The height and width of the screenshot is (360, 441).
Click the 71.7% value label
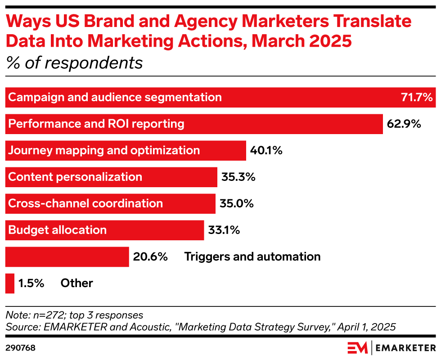pyautogui.click(x=417, y=97)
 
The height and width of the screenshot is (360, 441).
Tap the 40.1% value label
pyautogui.click(x=266, y=150)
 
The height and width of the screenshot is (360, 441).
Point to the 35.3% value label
pyautogui.click(x=238, y=177)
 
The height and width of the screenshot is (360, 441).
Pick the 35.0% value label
pyautogui.click(x=237, y=203)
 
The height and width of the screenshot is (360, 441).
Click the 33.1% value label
pyautogui.click(x=224, y=230)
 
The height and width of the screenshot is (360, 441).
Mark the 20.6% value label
pyautogui.click(x=150, y=256)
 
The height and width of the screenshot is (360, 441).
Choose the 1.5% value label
pyautogui.click(x=31, y=283)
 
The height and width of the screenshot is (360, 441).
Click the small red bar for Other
pyautogui.click(x=10, y=283)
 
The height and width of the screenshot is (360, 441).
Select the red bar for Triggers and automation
pyautogui.click(x=67, y=256)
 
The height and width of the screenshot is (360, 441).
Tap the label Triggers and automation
pyautogui.click(x=252, y=256)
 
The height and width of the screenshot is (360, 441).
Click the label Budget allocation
pyautogui.click(x=58, y=230)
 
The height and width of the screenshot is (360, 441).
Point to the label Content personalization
pyautogui.click(x=75, y=177)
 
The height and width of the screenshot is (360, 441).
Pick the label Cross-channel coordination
pyautogui.click(x=85, y=203)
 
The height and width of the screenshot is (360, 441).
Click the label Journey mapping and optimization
pyautogui.click(x=104, y=150)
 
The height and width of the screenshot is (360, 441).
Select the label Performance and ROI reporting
pyautogui.click(x=96, y=124)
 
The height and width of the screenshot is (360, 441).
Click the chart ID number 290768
pyautogui.click(x=20, y=348)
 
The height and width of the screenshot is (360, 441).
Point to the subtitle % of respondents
pyautogui.click(x=74, y=63)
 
